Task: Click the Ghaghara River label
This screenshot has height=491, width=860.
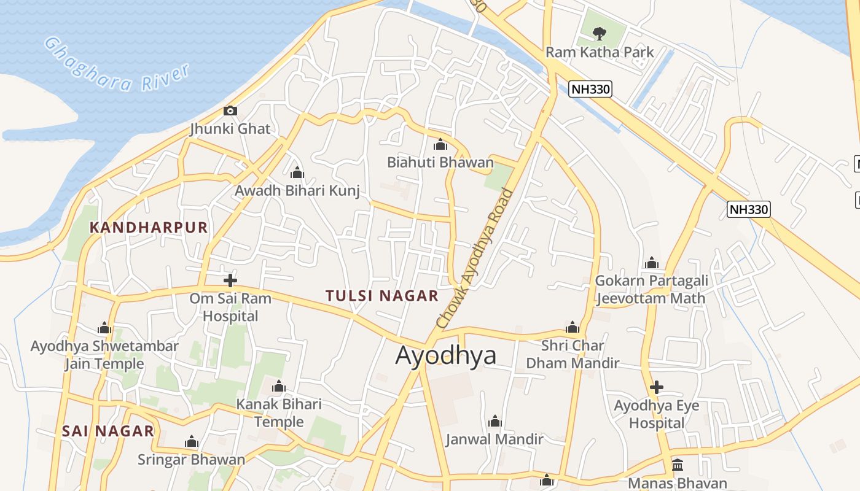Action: [x=117, y=64]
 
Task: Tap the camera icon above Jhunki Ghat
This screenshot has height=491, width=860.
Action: [x=230, y=111]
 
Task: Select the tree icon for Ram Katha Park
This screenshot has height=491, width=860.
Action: [x=600, y=33]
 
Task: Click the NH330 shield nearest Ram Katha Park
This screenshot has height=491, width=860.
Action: [x=590, y=89]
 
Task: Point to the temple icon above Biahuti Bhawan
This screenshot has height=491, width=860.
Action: [x=440, y=145]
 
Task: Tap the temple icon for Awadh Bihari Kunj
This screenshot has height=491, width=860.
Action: [x=297, y=173]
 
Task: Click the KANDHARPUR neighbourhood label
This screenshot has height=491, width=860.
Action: [x=149, y=228]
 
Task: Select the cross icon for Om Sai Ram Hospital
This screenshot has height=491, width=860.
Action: [x=230, y=280]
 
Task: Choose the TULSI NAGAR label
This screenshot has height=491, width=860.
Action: [x=382, y=296]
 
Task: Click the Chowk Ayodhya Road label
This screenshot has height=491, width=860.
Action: [x=474, y=258]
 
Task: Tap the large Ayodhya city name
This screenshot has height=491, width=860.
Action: [x=445, y=355]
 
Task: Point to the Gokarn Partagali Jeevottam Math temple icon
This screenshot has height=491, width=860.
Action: [x=652, y=264]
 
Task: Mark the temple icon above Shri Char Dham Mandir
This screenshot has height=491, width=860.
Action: [x=573, y=328]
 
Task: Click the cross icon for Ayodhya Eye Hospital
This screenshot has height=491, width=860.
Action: [x=657, y=387]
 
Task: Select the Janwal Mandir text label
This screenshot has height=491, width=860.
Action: [x=495, y=439]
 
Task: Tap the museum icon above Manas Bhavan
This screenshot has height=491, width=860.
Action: [x=678, y=465]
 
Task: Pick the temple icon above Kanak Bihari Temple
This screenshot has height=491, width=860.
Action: [x=279, y=387]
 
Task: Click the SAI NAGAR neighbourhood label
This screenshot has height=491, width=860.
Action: [x=107, y=431]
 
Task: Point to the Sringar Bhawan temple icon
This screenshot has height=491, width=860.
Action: [x=192, y=442]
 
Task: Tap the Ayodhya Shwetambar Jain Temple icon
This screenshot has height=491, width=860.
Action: [x=104, y=328]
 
